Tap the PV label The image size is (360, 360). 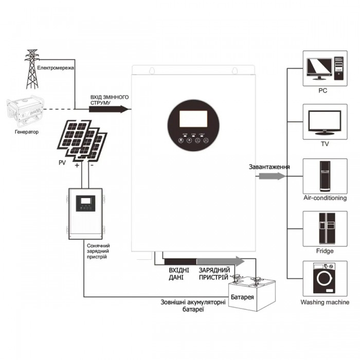(63, 164)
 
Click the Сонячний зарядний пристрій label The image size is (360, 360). (98, 251)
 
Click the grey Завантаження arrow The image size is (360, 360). (271, 176)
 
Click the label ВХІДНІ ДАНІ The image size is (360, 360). (179, 274)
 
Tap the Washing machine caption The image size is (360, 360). (325, 302)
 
